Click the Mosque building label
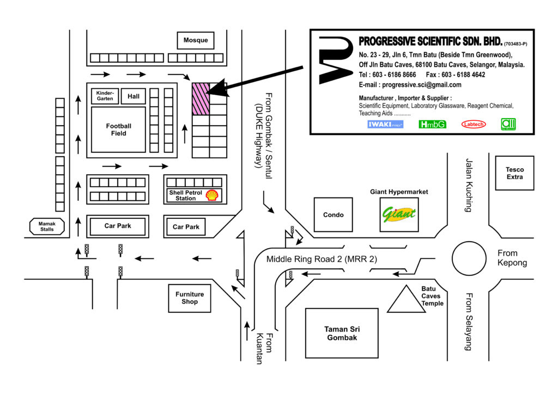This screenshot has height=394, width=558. tap(196, 40)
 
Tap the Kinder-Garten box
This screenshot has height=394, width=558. tap(105, 96)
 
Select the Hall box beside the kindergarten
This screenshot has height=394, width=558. tap(134, 96)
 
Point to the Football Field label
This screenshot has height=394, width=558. tap(118, 130)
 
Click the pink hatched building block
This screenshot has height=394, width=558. tap(201, 99)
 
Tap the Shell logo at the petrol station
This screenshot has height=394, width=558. tap(212, 195)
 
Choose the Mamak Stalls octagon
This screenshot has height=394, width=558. tap(47, 227)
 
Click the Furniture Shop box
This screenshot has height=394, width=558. tap(190, 298)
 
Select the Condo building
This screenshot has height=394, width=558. tap(333, 214)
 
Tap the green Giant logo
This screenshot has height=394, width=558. tap(399, 214)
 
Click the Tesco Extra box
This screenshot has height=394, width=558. tap(514, 173)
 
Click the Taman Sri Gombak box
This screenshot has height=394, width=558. tap(342, 333)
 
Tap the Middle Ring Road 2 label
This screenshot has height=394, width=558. tap(322, 259)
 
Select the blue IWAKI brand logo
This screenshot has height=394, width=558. tap(385, 124)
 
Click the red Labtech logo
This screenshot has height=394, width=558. tap(474, 124)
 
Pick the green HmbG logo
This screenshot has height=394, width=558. tap(432, 124)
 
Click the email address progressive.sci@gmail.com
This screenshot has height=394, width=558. tap(422, 85)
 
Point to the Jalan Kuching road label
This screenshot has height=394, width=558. tap(469, 185)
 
